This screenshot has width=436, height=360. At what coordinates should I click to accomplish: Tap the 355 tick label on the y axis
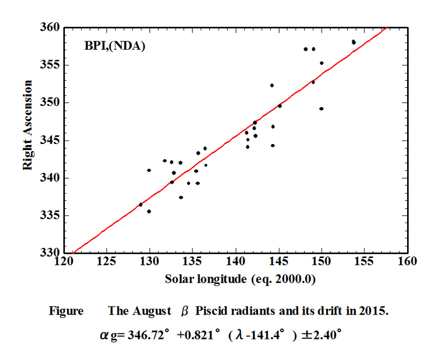coord(51,65)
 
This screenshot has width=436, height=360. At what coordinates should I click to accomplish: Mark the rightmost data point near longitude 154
coord(354,42)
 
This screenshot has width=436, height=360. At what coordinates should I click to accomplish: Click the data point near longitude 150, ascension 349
coord(322,109)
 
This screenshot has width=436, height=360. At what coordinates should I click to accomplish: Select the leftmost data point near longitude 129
coord(141,205)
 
